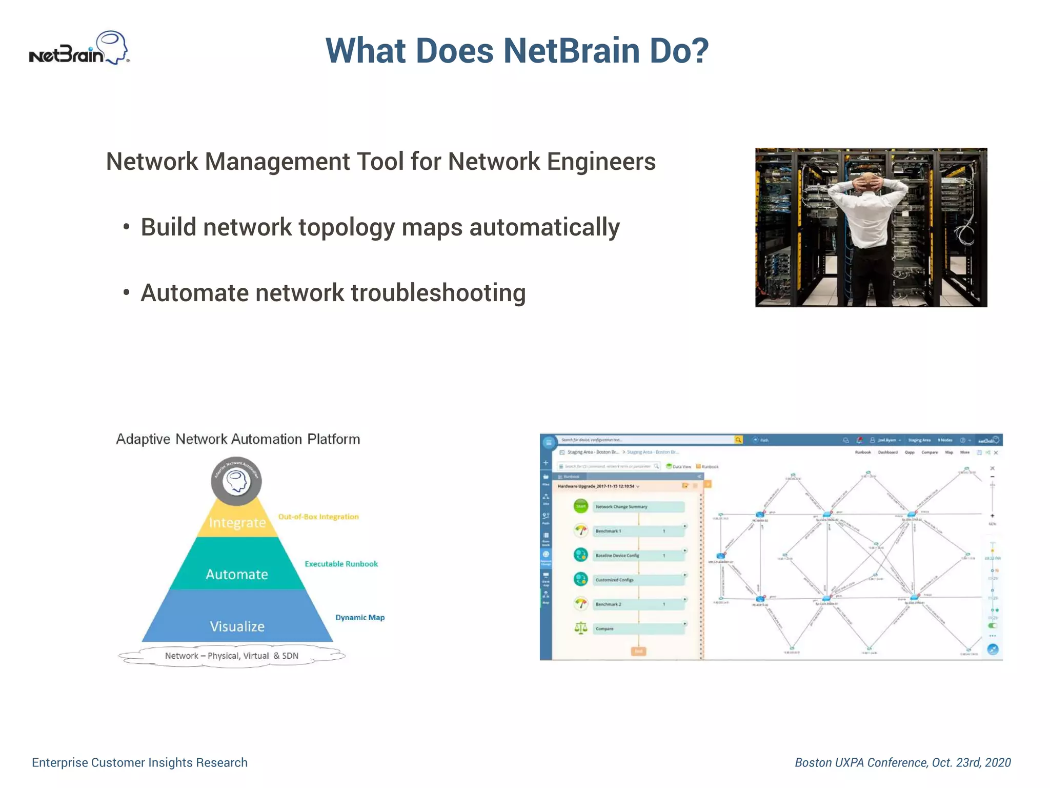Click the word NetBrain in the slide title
coord(572,51)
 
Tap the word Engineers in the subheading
coord(601,162)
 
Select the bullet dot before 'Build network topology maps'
coord(126,227)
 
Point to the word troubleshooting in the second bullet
coord(438,293)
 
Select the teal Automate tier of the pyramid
coord(237,574)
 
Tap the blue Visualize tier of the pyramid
coord(237,626)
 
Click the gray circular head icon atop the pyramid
coord(236,481)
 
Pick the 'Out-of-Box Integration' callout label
coord(318,517)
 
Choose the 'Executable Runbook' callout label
coord(341,564)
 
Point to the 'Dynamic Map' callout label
coord(360,617)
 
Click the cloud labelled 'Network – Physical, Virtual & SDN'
coord(232,656)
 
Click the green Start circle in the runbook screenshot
coord(580,506)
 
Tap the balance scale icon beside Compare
coord(580,628)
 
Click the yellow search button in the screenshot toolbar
coord(738,440)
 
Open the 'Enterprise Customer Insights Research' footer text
coord(139,762)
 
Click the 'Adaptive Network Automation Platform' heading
coord(238,439)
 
